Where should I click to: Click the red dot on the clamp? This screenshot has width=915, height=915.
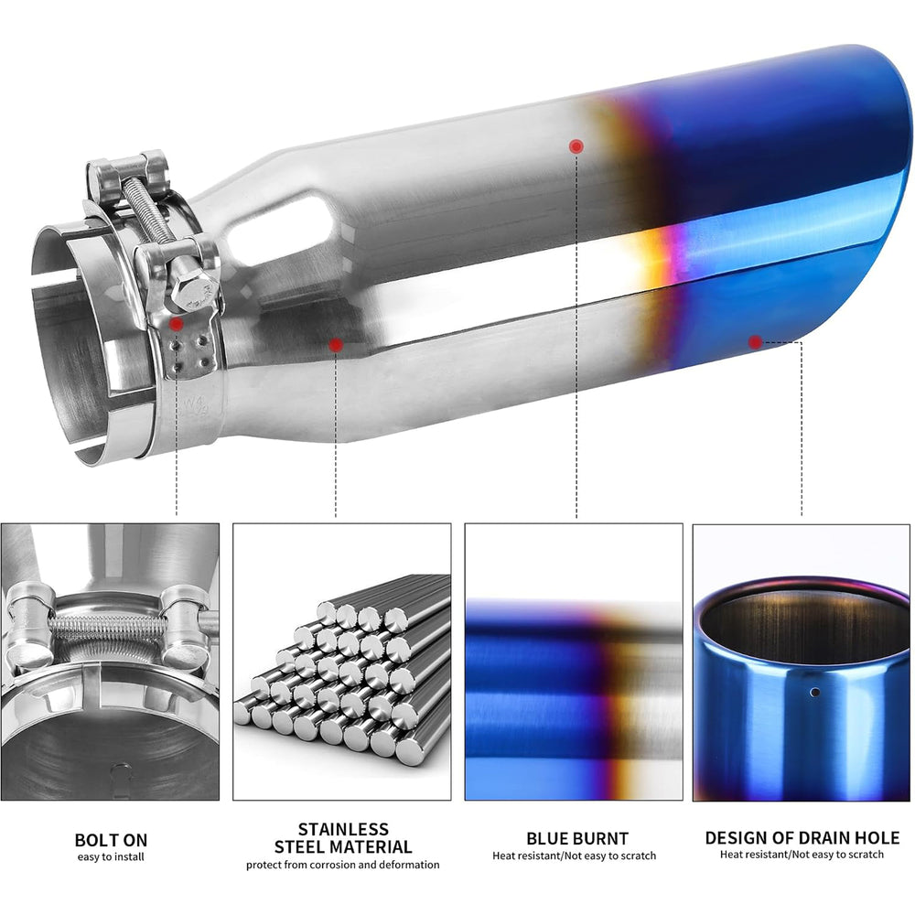click(x=177, y=324)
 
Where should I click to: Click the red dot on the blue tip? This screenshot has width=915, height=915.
click(x=755, y=342)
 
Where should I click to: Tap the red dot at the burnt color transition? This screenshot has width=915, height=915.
click(x=576, y=146)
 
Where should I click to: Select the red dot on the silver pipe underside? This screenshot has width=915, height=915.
click(x=336, y=345)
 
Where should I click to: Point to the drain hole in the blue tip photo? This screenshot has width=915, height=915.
click(x=815, y=693)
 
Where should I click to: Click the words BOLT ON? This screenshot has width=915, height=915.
click(x=111, y=840)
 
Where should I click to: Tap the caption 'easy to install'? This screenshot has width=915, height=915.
click(x=111, y=856)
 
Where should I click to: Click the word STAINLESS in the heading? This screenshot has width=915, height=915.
click(x=343, y=829)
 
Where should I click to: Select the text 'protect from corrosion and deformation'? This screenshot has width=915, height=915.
click(x=342, y=865)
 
